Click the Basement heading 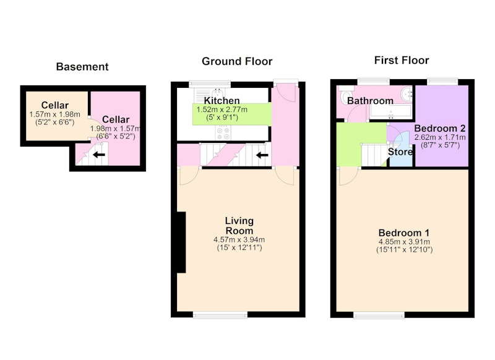coord(82,67)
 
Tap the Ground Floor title coord(237,61)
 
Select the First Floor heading coord(402,60)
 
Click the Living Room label coord(239,226)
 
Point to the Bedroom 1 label coord(404,233)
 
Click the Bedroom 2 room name coord(440,129)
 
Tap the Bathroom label coord(370,101)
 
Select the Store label coord(400,152)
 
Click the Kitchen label coord(222,101)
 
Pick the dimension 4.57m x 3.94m coord(239,240)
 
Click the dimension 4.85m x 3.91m coord(404,242)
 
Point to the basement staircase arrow coord(99,155)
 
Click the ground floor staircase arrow coord(262,155)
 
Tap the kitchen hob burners coord(223,132)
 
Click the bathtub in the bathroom coord(391,112)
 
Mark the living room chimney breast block coord(181,242)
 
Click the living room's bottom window coord(220,315)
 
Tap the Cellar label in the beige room coord(55,105)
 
